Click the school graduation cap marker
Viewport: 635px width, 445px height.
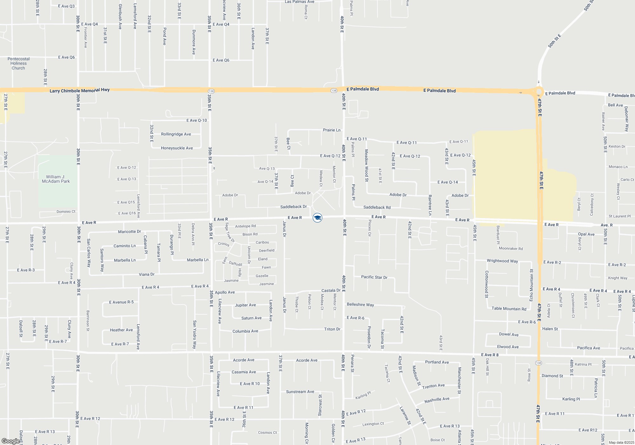point(317,218)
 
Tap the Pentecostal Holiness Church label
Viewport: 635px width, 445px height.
point(18,64)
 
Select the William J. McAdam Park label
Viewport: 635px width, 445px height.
point(56,179)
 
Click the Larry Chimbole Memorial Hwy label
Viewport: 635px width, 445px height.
point(79,91)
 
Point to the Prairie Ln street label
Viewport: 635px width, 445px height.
point(331,130)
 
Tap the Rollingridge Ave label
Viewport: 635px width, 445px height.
point(176,134)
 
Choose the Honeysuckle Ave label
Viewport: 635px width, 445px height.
point(177,148)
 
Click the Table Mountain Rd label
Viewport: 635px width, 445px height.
point(509,309)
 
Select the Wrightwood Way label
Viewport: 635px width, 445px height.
point(502,261)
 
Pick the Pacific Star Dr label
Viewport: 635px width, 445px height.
point(374,277)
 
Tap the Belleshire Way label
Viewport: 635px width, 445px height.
point(360,305)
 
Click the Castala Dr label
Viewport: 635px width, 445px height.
point(331,291)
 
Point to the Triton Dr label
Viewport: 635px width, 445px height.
point(332,329)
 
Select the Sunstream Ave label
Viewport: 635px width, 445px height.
point(300,392)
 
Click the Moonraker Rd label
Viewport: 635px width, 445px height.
point(511,249)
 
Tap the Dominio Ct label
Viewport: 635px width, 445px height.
point(66,212)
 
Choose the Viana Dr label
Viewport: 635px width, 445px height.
point(146,274)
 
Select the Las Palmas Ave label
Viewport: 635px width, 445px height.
point(299,2)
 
